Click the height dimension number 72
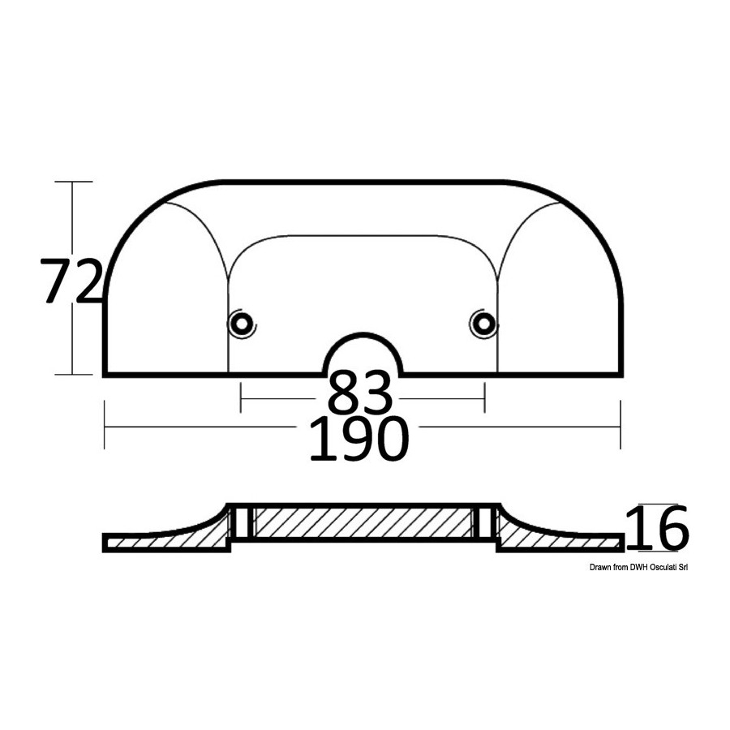coord(71,281)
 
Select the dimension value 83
coord(360,393)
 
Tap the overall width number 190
coord(359,439)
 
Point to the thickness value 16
coord(656,528)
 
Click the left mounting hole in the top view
coord(242,323)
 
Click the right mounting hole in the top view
coord(483,323)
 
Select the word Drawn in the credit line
coord(599,567)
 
